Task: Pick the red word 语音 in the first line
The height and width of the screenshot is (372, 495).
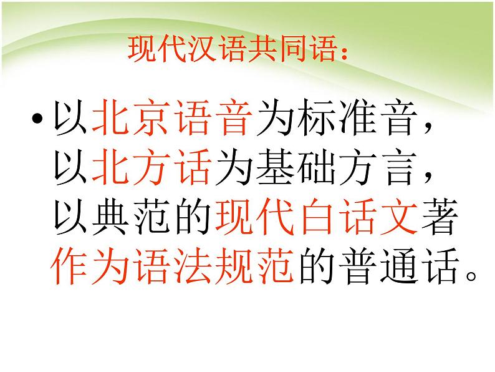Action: coord(213,119)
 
